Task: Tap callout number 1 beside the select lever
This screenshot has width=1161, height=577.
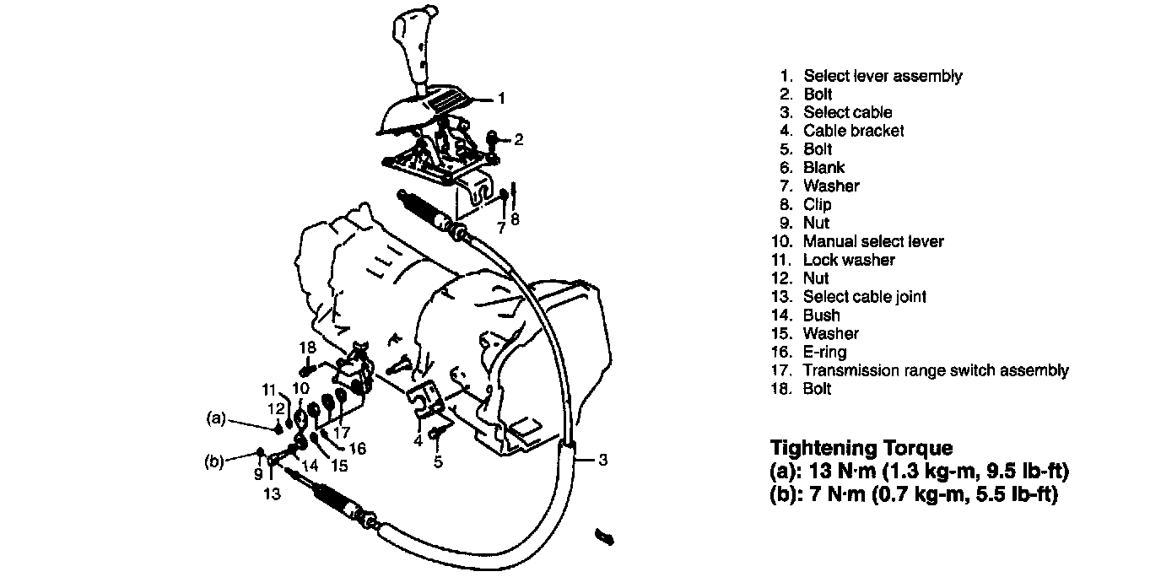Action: [500, 99]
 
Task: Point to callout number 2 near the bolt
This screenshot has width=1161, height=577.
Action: [519, 139]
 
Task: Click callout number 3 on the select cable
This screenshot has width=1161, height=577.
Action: [602, 460]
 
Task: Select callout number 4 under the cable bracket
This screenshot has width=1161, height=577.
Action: [418, 440]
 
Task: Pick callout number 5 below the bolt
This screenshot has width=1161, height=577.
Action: [438, 461]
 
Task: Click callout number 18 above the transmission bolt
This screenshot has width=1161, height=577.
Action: [306, 348]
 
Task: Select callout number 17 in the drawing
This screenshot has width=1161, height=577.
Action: [341, 432]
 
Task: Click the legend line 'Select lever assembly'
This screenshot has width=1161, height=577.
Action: [882, 76]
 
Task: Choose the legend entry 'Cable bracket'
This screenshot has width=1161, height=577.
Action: [853, 131]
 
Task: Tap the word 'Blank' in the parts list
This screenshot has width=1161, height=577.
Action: [823, 168]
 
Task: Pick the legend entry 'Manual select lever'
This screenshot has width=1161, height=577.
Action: [872, 241]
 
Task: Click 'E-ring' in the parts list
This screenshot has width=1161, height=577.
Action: [824, 352]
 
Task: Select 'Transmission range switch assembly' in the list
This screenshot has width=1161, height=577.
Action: [935, 370]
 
